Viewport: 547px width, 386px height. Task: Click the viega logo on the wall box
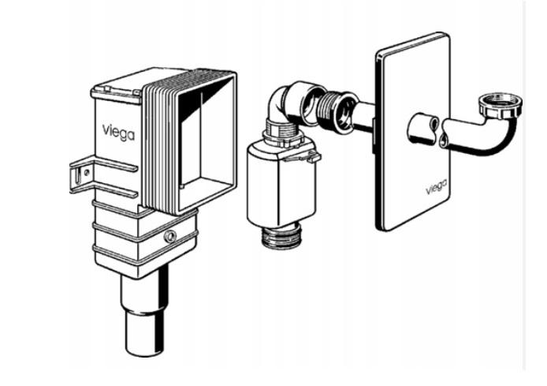tap(118, 133)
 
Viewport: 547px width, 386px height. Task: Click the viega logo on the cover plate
tap(437, 187)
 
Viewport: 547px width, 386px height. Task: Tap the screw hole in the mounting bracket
tap(86, 172)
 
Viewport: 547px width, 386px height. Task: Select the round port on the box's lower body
tap(170, 237)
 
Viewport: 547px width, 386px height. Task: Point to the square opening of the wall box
tap(206, 140)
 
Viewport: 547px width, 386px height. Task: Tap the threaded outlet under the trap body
tap(281, 237)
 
